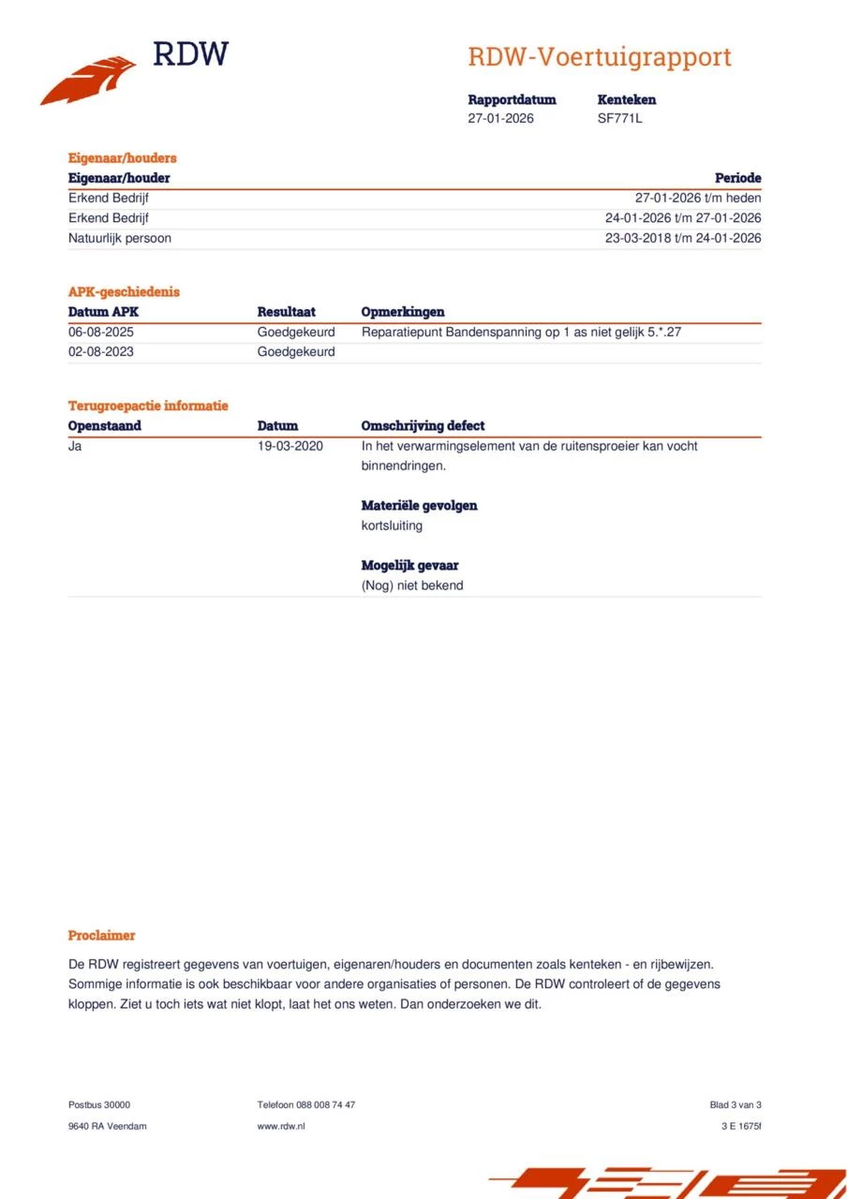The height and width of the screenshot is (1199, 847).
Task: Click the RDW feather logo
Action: pos(88,79)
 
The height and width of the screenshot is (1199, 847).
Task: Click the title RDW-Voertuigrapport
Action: pos(600,57)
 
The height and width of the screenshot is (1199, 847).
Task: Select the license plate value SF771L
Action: pos(619,118)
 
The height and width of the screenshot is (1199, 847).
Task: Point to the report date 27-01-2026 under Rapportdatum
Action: pos(500,118)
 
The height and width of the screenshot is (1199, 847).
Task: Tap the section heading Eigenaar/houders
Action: pos(122,158)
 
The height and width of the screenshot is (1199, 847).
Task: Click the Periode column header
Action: pos(737,178)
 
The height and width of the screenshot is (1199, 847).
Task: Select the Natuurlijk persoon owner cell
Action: pos(120,238)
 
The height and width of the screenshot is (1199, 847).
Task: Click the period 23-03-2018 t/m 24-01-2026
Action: pos(683,238)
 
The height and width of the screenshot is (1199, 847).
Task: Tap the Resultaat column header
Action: pos(286,312)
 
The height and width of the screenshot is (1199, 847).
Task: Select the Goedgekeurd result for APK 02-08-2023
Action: pos(296,352)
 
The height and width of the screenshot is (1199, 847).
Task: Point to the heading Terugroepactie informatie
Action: pos(148,406)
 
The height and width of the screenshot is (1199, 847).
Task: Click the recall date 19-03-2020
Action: pos(290,446)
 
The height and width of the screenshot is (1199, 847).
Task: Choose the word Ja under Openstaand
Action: pos(75,446)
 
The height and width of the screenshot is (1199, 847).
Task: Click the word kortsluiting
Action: pos(392,525)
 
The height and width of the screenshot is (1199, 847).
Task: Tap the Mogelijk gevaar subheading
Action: pos(409,566)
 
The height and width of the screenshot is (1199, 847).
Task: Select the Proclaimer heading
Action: pos(101,936)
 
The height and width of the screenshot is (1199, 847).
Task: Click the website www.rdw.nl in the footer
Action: pos(281,1126)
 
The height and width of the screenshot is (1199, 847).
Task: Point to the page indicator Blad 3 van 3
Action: pos(736,1105)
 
